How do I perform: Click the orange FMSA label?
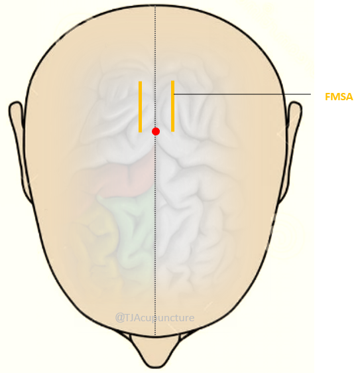[339, 97]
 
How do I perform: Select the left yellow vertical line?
[140, 107]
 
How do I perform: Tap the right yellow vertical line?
[173, 106]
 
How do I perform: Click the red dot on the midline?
[156, 131]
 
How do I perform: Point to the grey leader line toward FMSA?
[243, 94]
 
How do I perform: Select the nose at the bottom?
[155, 351]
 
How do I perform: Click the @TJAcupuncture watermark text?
[154, 318]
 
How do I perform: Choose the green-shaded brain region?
[129, 228]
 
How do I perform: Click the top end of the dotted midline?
[155, 5]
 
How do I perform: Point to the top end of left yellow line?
[140, 82]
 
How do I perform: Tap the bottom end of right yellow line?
[173, 131]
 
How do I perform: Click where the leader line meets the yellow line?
[174, 94]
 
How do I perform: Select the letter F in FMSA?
[328, 97]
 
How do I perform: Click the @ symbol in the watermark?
[119, 318]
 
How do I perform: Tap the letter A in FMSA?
[349, 97]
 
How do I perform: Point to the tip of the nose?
[155, 368]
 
